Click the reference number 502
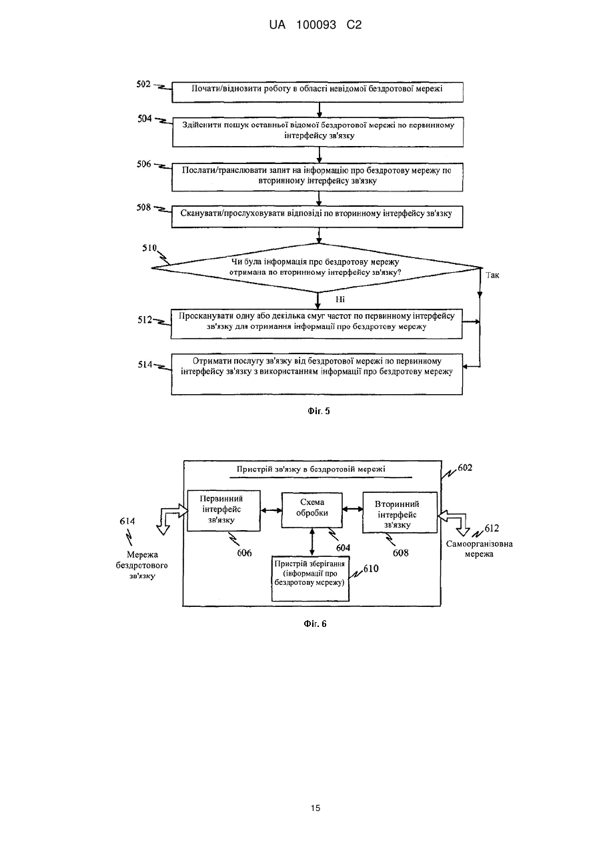[x=143, y=84]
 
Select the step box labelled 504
[x=318, y=132]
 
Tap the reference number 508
[x=143, y=207]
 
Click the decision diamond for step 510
[x=317, y=268]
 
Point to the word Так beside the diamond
[x=492, y=275]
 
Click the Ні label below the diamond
[x=340, y=299]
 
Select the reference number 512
[x=145, y=320]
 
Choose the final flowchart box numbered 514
[x=317, y=374]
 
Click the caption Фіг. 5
[x=319, y=411]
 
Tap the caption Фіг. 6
[x=315, y=624]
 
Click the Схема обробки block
[x=312, y=510]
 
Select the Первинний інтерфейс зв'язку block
[x=223, y=511]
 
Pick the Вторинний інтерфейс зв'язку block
[x=400, y=512]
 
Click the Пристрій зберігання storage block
[x=311, y=578]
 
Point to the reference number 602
[x=465, y=468]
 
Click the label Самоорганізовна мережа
[x=480, y=549]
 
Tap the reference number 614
[x=127, y=521]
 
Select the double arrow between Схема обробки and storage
[x=312, y=542]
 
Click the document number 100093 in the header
[x=316, y=25]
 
